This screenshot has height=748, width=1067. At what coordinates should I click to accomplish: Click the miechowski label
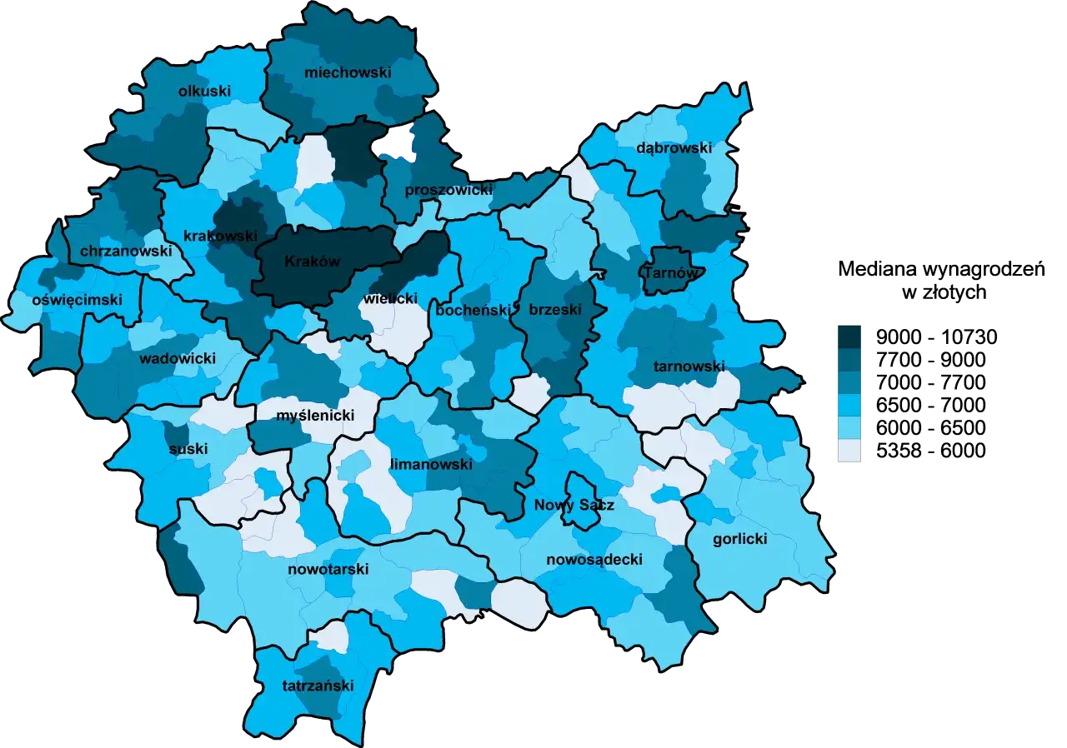(x=348, y=72)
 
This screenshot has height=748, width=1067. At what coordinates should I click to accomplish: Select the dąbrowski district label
(x=674, y=148)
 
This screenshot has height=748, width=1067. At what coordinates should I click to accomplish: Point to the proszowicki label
(x=448, y=190)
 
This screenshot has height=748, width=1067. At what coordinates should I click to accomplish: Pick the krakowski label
(x=220, y=236)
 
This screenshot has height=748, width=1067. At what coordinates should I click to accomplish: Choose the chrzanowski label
(x=126, y=251)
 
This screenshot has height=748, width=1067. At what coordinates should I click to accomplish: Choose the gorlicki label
(x=739, y=539)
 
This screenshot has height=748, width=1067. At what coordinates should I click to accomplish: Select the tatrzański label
(x=318, y=686)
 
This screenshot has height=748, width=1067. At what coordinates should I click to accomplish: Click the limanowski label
(x=431, y=464)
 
